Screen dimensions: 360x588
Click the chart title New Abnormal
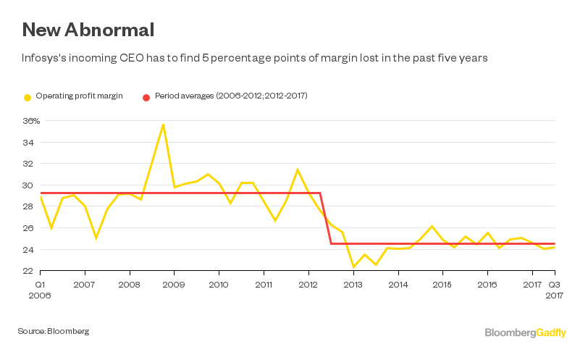point(88,30)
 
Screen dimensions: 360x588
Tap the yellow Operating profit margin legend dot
point(28,96)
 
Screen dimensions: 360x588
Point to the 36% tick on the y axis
point(30,121)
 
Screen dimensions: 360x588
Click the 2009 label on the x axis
point(174,285)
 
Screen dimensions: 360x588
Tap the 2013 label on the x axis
point(353,285)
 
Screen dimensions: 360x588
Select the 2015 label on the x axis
point(442,285)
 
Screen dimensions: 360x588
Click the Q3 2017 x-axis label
point(553,290)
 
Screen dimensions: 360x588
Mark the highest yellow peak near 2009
point(163,124)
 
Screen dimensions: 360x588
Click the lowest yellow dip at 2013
point(353,267)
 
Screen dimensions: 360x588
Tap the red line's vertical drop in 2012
point(326,218)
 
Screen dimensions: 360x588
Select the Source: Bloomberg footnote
point(54,331)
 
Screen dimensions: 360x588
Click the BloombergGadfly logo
point(526,332)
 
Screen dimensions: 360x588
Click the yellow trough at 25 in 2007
point(96,238)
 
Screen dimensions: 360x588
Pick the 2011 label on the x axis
point(264,285)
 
